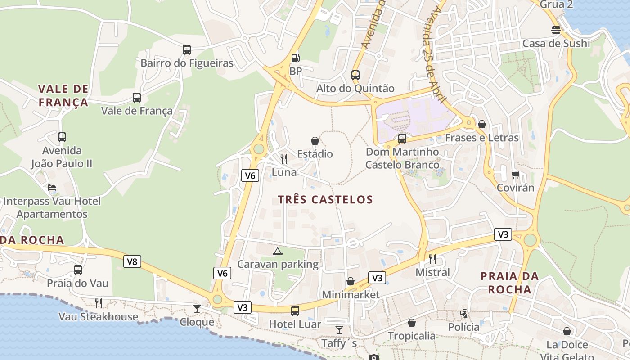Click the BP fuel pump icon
pyautogui.click(x=295, y=58)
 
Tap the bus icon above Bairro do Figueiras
pyautogui.click(x=187, y=49)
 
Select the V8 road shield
pyautogui.click(x=132, y=261)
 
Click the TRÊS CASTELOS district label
pyautogui.click(x=325, y=199)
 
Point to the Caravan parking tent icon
pyautogui.click(x=278, y=251)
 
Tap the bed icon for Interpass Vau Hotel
pyautogui.click(x=52, y=188)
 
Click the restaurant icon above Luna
pyautogui.click(x=284, y=158)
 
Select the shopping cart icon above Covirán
pyautogui.click(x=515, y=174)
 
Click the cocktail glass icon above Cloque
pyautogui.click(x=197, y=309)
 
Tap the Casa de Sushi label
pyautogui.click(x=556, y=43)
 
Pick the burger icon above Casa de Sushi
pyautogui.click(x=556, y=30)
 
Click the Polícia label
pyautogui.click(x=463, y=327)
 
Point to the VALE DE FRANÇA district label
pyautogui.click(x=63, y=95)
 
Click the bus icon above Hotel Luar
pyautogui.click(x=295, y=310)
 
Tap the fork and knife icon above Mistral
pyautogui.click(x=432, y=259)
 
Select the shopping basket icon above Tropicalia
pyautogui.click(x=411, y=323)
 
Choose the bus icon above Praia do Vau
pyautogui.click(x=78, y=270)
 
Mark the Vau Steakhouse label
pyautogui.click(x=98, y=316)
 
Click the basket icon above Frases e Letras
pyautogui.click(x=482, y=124)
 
